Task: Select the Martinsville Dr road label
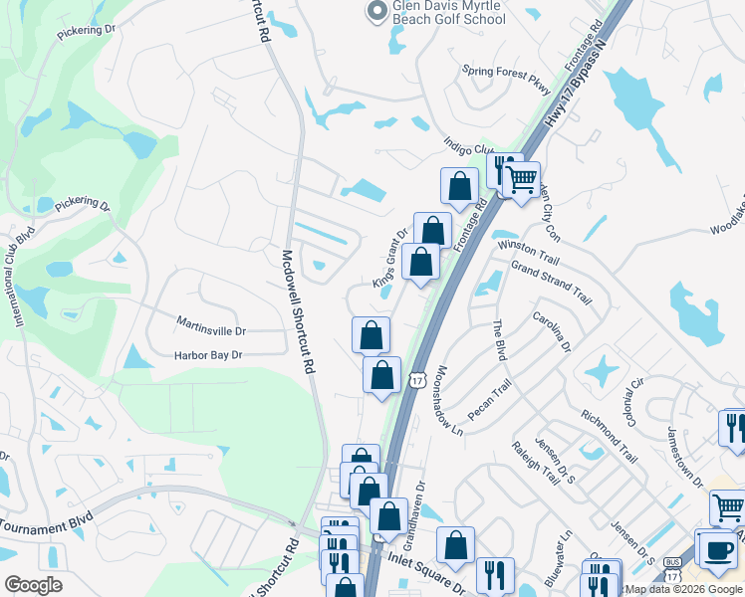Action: pos(210,325)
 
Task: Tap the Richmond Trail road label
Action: pos(609,438)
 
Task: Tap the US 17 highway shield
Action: pos(416,377)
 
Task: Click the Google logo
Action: pos(33,585)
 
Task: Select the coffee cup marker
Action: pos(718,548)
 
